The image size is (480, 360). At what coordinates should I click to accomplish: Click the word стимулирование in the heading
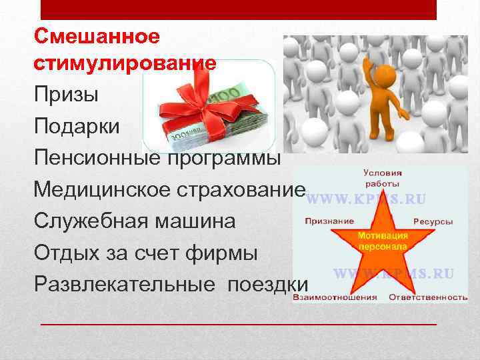tap(125, 64)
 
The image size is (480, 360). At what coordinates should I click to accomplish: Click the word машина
tap(197, 221)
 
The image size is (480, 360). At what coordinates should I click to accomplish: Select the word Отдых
tap(69, 253)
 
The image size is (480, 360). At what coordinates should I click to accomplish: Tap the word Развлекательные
tap(125, 284)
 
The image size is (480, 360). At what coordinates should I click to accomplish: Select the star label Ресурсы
tap(433, 221)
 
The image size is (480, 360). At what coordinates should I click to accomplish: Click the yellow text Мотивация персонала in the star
tap(383, 241)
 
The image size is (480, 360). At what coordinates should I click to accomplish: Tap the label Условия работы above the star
tap(382, 177)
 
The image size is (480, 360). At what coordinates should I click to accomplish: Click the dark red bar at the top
tap(239, 9)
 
